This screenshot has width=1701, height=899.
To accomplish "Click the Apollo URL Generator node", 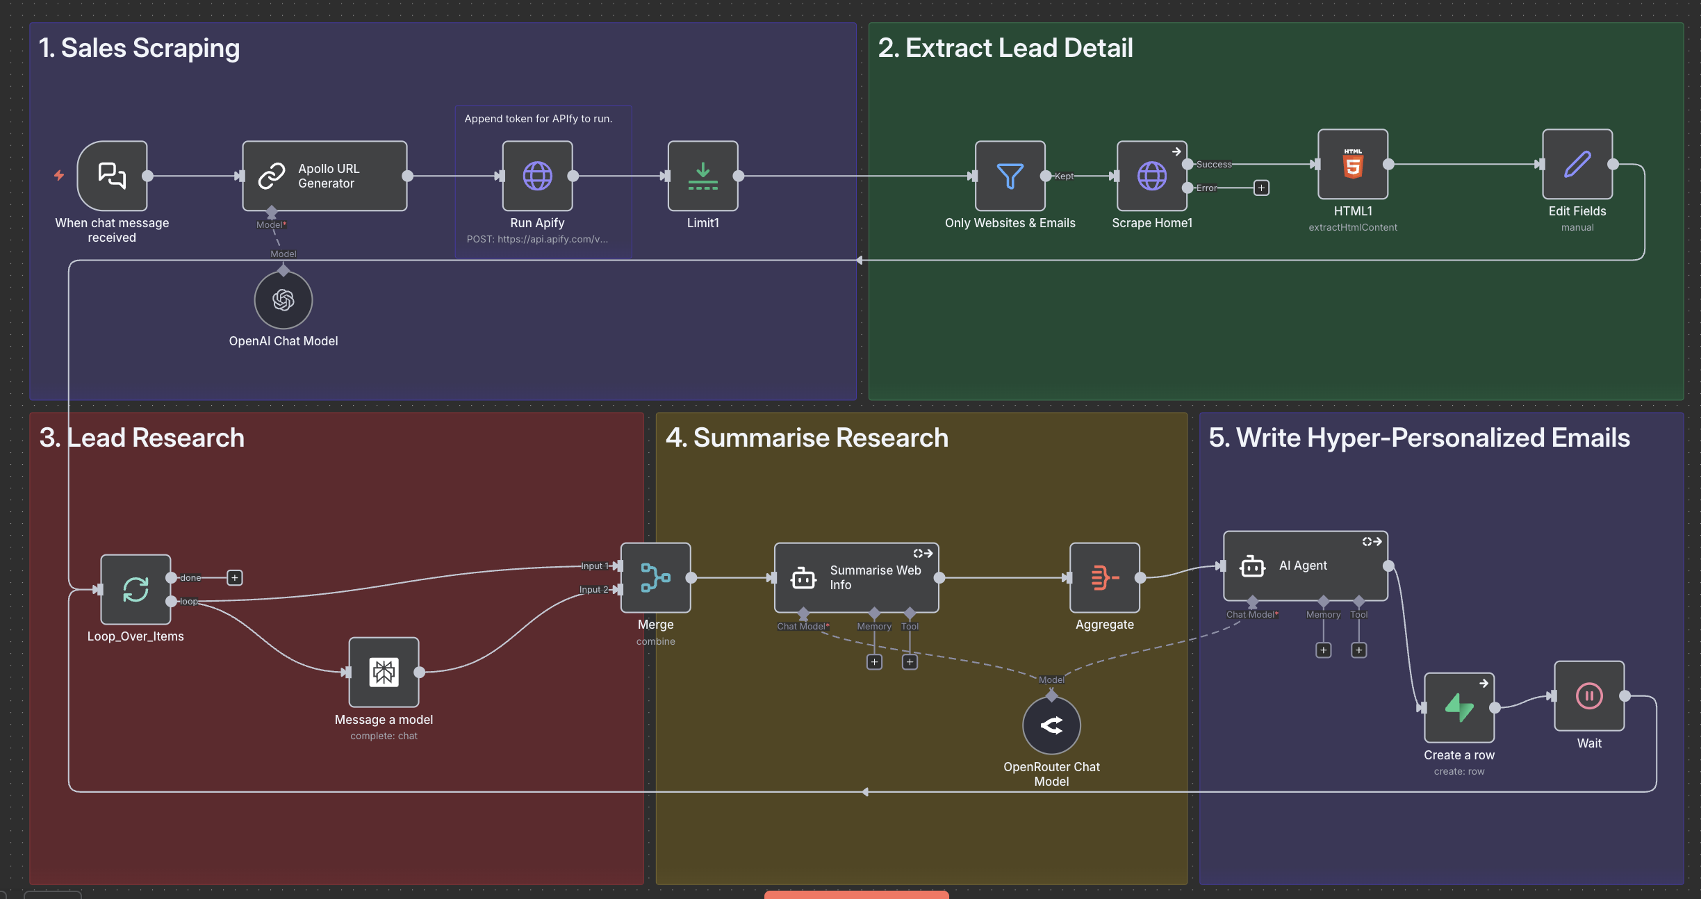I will (x=324, y=176).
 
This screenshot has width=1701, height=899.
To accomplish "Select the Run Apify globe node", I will (x=537, y=176).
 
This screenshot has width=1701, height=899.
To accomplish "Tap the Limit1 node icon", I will (x=702, y=176).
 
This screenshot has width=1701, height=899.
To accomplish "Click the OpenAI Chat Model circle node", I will (x=283, y=300).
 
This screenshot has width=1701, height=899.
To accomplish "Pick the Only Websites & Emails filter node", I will (x=1010, y=176).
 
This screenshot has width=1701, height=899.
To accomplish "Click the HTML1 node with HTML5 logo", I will (x=1352, y=165).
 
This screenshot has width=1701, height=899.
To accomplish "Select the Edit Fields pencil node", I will (x=1577, y=165).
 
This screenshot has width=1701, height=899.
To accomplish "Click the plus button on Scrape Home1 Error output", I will (x=1261, y=188).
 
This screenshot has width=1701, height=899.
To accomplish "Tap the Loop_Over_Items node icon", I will (x=135, y=589).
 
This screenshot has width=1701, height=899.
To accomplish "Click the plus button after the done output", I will (x=235, y=577).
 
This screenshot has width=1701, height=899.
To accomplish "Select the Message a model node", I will (x=384, y=672).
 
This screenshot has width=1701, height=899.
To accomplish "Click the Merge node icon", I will (x=655, y=577).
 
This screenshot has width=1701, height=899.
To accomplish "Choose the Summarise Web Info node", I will (x=856, y=577).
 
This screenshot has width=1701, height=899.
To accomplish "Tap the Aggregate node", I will (x=1104, y=577).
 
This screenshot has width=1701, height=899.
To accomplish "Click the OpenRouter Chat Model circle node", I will (x=1051, y=725).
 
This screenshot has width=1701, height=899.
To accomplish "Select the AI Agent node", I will (x=1305, y=566).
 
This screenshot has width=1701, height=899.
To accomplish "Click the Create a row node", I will (x=1458, y=707).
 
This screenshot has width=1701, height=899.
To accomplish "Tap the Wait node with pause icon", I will (x=1588, y=695).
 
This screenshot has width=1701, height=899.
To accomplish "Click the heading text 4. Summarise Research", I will (x=806, y=438).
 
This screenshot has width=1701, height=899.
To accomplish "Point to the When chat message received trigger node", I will (x=112, y=176).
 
